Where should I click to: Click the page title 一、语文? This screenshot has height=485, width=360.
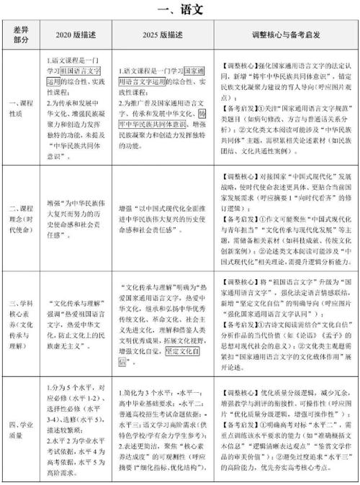(180, 11)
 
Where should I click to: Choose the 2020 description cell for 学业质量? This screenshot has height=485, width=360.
(76, 427)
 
